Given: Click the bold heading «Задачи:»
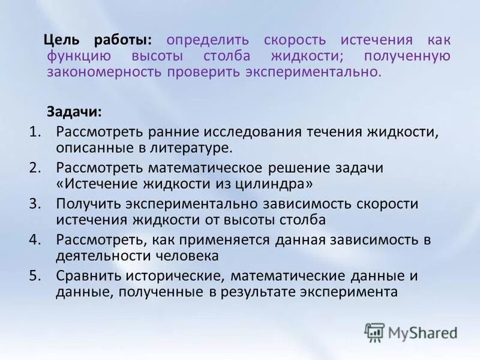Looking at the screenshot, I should (x=74, y=112).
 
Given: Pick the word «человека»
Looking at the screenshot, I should (x=184, y=256).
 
